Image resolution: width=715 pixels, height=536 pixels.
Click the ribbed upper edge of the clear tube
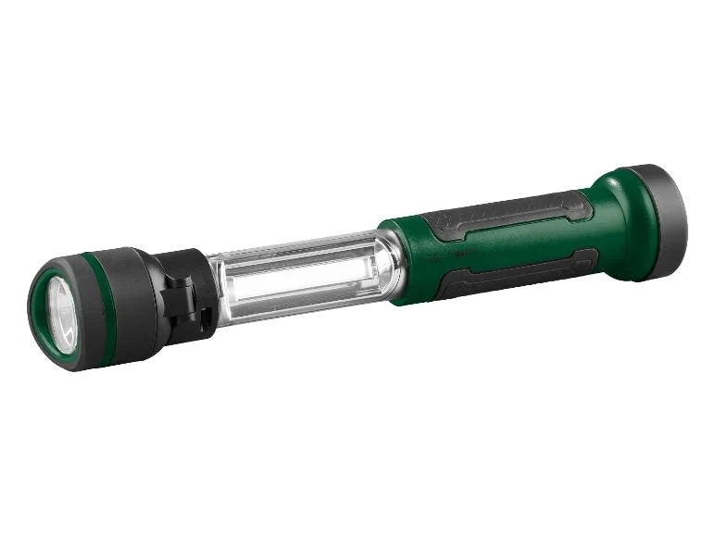coord(296,245)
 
